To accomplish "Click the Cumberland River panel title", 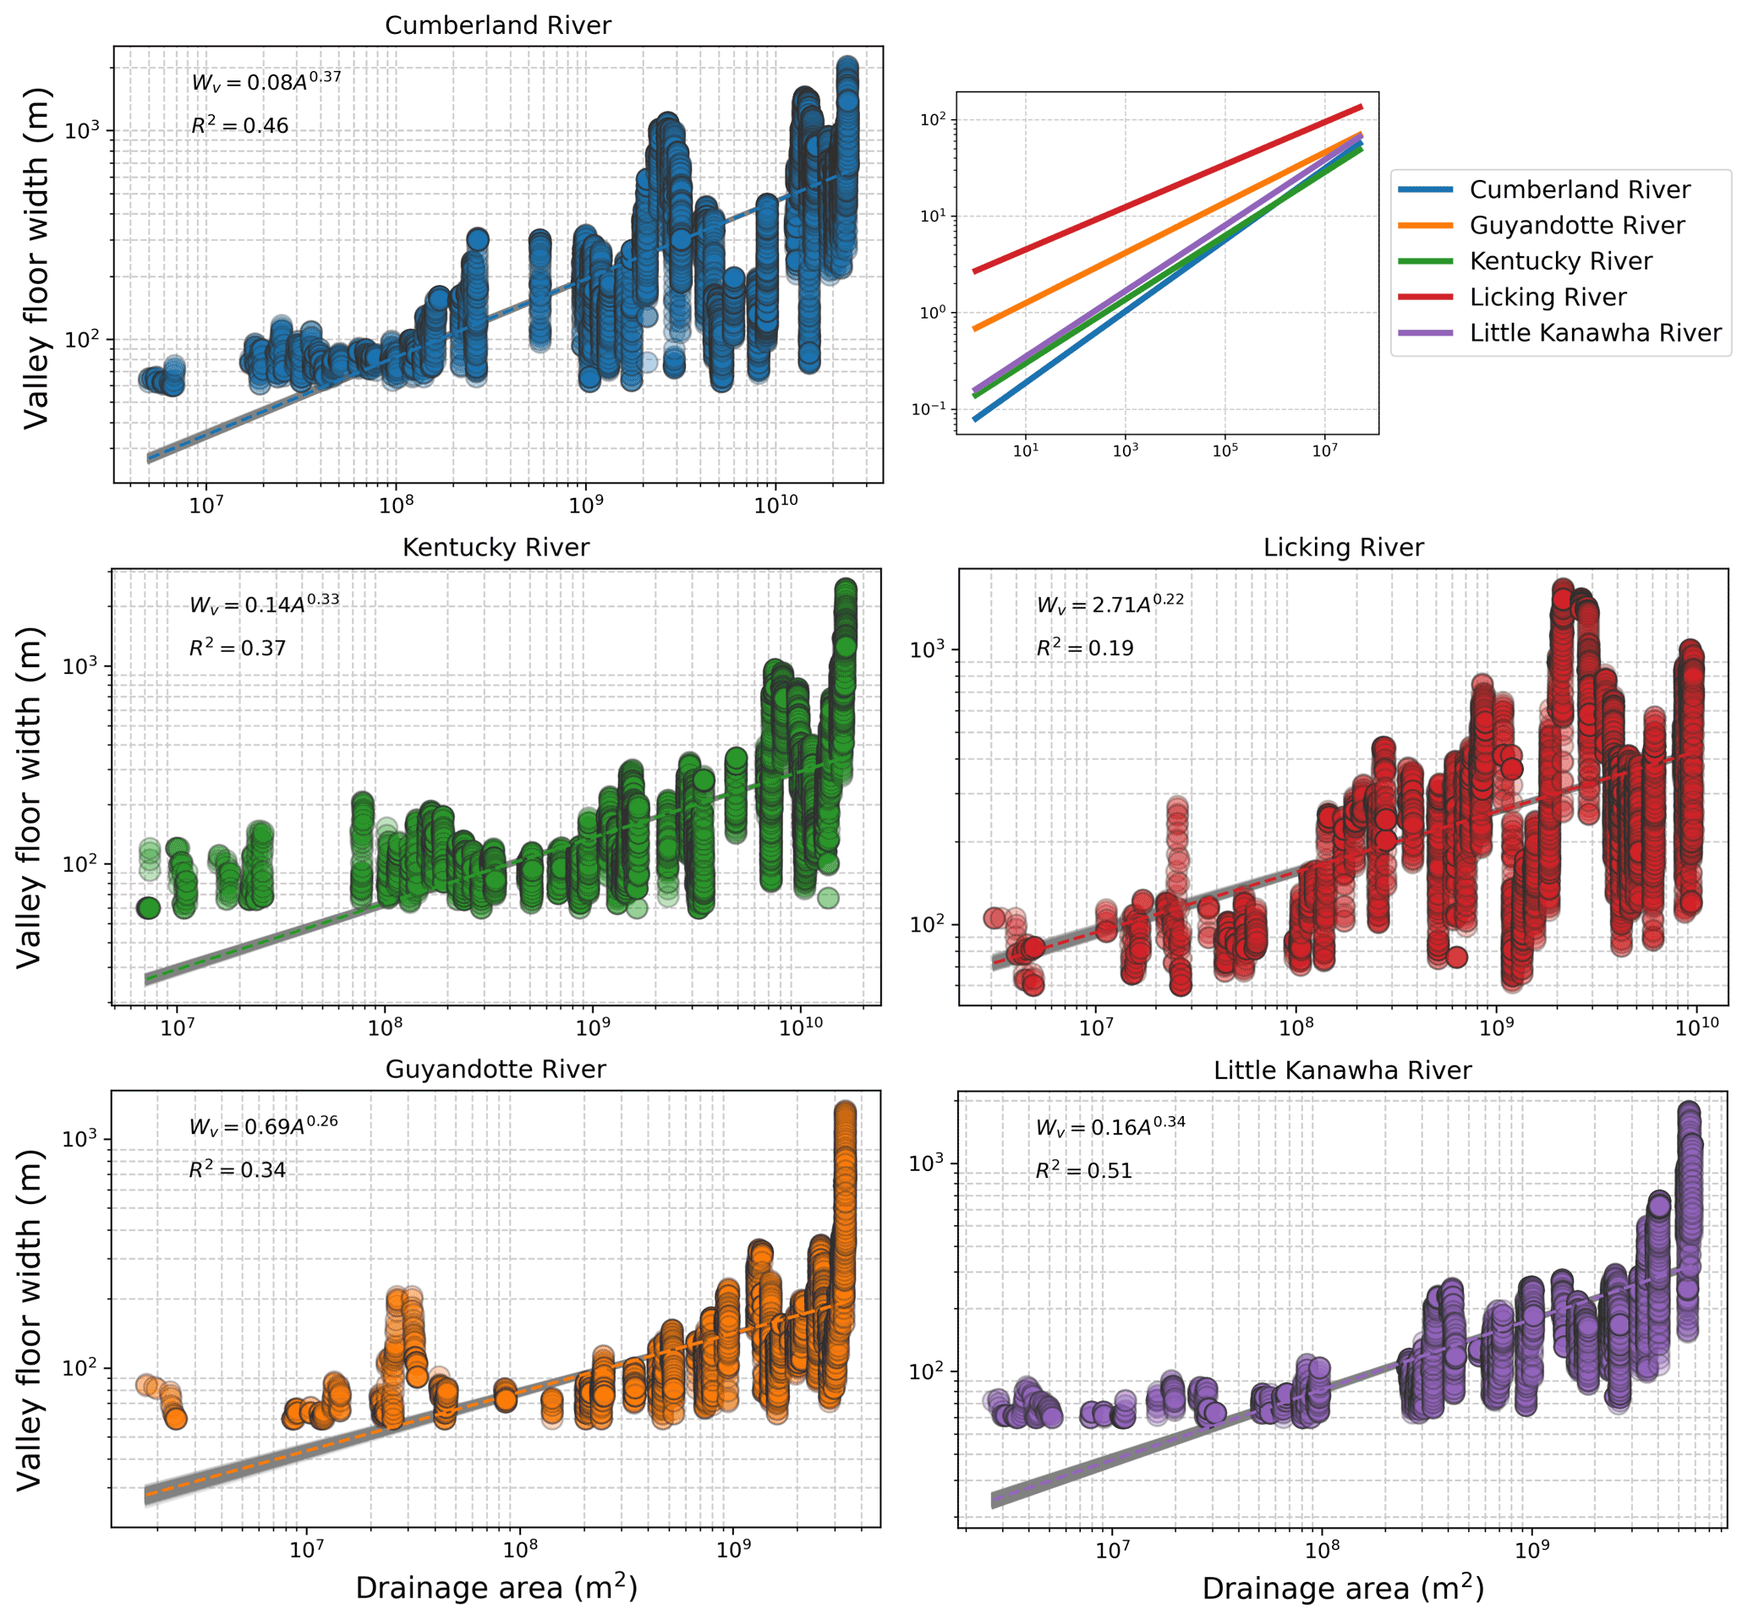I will [x=498, y=25].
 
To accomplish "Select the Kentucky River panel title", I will [x=496, y=547].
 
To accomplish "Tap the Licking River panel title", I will [x=1343, y=547].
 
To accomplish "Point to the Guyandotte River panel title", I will [x=496, y=1069].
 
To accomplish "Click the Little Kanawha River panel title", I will [x=1342, y=1070].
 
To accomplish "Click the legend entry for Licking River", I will [x=1548, y=297].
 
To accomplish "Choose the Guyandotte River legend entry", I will [x=1576, y=225].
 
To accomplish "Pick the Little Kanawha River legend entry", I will [x=1595, y=333].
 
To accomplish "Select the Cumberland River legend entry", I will [x=1579, y=189].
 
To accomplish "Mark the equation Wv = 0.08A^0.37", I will [x=266, y=81].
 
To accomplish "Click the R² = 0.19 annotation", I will [x=1084, y=648].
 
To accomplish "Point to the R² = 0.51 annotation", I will [x=1083, y=1170].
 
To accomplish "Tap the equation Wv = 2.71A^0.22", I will [x=1110, y=603].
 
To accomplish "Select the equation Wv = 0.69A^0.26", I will [x=263, y=1125].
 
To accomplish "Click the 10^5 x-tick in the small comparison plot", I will [x=1225, y=451].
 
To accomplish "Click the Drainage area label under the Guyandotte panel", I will [x=496, y=1588].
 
